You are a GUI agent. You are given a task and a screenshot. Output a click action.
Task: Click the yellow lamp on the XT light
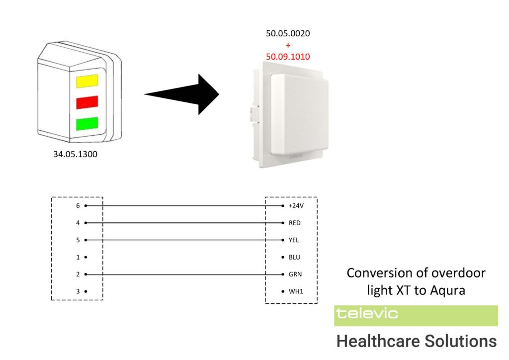[87, 81]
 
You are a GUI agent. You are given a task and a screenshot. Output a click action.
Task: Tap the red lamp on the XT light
[87, 102]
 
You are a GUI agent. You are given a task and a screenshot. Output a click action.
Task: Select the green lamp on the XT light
[87, 123]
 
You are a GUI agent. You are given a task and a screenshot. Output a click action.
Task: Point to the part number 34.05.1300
[76, 154]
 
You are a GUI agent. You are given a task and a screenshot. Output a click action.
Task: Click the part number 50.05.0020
[288, 33]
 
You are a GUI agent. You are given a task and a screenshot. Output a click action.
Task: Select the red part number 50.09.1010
[288, 57]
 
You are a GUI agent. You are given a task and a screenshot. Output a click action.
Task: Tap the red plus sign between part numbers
[288, 45]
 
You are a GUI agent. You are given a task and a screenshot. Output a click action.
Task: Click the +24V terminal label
[296, 205]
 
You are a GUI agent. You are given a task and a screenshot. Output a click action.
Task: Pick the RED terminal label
[295, 223]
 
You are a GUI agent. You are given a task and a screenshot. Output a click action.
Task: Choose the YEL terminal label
[294, 240]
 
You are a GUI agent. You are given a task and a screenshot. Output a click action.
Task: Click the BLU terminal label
[295, 257]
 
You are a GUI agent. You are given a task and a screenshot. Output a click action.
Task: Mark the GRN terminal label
[295, 274]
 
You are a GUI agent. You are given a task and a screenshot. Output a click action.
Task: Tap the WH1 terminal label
[295, 291]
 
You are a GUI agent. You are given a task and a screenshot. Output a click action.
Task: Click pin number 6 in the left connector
[78, 205]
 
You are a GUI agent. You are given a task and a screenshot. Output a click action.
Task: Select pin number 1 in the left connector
[78, 257]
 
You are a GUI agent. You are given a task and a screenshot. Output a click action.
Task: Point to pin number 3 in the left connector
[78, 291]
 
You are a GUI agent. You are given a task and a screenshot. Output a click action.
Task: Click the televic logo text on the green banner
[367, 313]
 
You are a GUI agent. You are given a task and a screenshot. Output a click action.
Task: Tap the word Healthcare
[378, 342]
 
